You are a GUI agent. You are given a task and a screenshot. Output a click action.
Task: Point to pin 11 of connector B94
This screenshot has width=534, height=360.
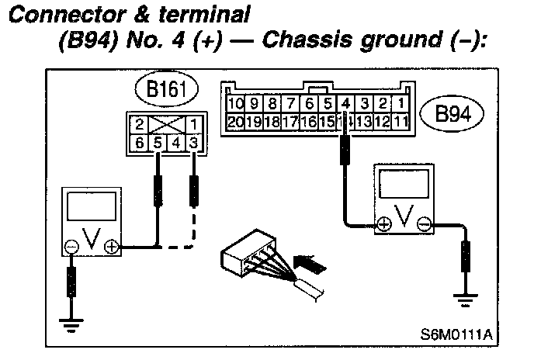click(400, 121)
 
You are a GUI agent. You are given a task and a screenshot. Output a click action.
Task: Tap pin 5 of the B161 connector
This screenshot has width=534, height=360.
click(158, 142)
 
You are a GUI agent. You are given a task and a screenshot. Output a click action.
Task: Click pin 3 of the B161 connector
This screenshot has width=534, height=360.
click(192, 142)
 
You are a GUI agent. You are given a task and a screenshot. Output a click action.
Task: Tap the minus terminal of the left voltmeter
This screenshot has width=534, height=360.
click(72, 247)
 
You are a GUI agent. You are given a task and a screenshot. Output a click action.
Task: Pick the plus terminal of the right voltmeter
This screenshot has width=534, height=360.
click(383, 225)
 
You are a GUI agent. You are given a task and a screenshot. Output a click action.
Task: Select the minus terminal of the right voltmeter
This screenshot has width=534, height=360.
click(424, 225)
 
